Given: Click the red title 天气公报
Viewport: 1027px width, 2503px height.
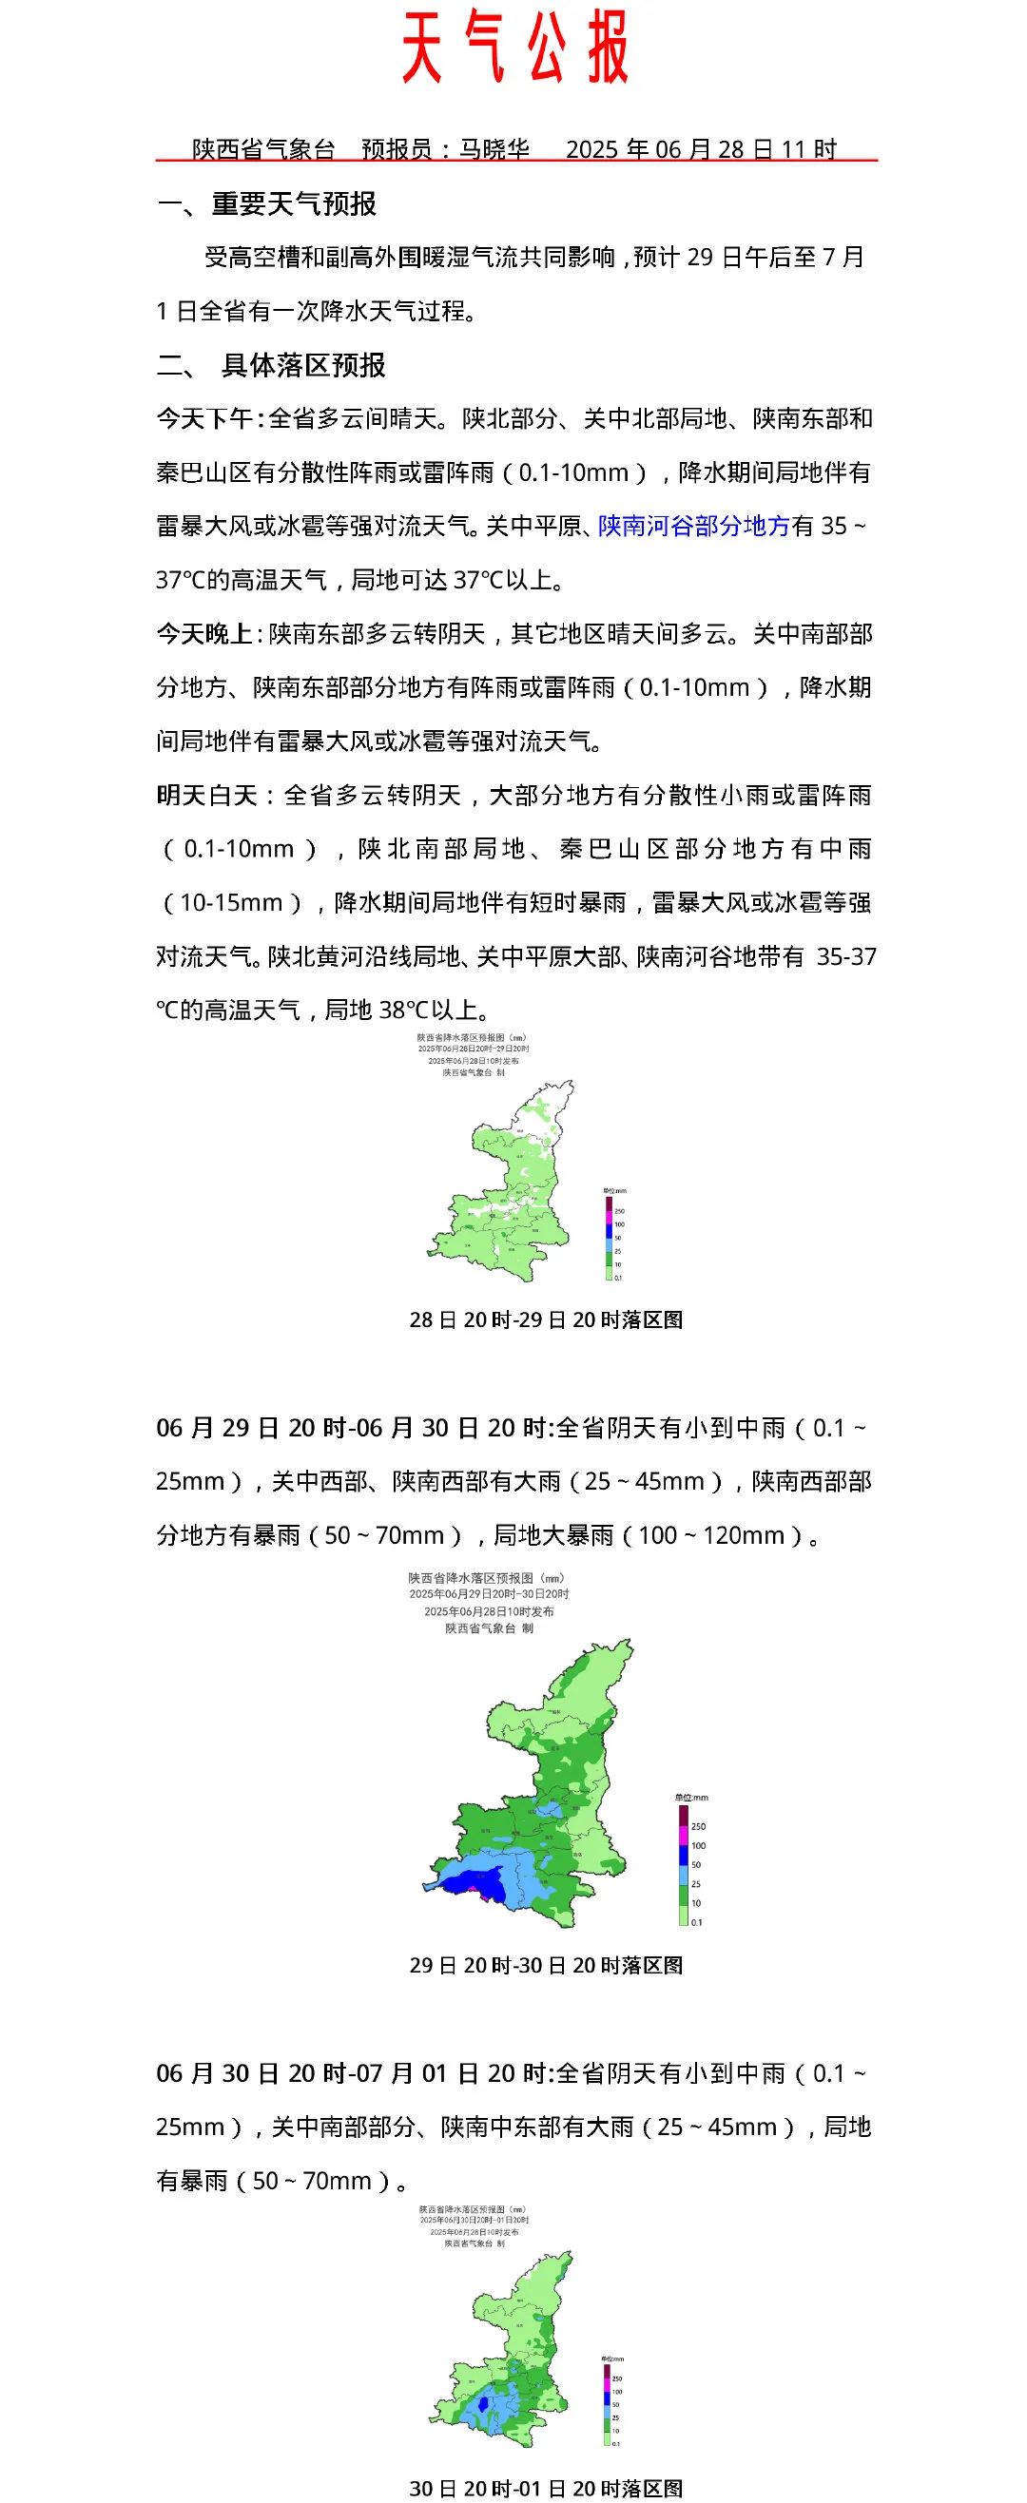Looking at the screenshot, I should tap(516, 47).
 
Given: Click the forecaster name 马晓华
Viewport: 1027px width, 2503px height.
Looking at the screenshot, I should tap(494, 149).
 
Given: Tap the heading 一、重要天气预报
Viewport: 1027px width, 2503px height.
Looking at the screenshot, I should tap(267, 204).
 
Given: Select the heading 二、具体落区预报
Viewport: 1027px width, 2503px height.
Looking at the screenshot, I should tap(272, 365).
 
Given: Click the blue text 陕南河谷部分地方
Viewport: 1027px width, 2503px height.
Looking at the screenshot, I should tap(694, 527).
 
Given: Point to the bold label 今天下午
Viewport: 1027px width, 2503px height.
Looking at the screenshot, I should tap(204, 419).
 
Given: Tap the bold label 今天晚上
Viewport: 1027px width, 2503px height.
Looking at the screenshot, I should tap(204, 634).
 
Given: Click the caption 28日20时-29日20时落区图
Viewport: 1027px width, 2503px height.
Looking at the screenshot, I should tap(546, 1319).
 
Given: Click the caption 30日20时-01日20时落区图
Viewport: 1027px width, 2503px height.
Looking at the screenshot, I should tap(546, 2489).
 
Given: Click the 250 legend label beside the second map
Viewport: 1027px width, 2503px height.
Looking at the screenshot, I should tap(698, 1827).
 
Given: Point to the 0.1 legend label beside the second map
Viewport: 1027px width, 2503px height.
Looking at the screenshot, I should tap(697, 1922).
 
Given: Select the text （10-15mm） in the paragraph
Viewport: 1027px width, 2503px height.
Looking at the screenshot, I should tap(232, 903).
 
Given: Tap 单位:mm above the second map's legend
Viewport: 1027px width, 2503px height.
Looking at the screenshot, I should tap(690, 1798).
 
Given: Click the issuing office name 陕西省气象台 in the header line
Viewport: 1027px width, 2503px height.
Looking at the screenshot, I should tap(263, 149).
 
